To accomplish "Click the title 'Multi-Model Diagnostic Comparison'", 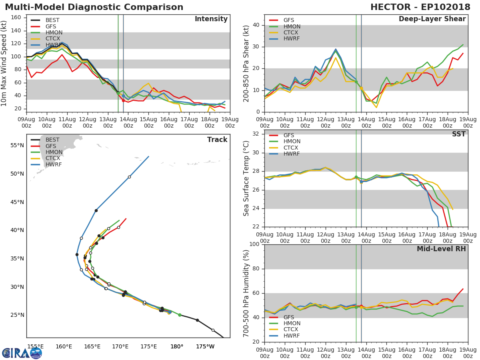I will pyautogui.click(x=94, y=7).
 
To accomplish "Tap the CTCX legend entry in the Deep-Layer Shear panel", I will pyautogui.click(x=291, y=32).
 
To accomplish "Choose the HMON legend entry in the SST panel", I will pyautogui.click(x=292, y=142).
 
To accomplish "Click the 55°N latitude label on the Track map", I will pyautogui.click(x=17, y=145).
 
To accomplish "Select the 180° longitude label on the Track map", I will pyautogui.click(x=177, y=346).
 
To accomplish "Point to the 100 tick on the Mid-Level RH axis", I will pyautogui.click(x=253, y=244).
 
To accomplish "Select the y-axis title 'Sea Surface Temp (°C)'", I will pyautogui.click(x=246, y=179).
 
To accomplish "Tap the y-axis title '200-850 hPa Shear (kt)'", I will pyautogui.click(x=246, y=63).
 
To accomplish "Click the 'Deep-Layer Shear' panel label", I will pyautogui.click(x=432, y=19).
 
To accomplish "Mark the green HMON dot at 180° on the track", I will pyautogui.click(x=180, y=315).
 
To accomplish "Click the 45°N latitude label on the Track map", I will pyautogui.click(x=17, y=202).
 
